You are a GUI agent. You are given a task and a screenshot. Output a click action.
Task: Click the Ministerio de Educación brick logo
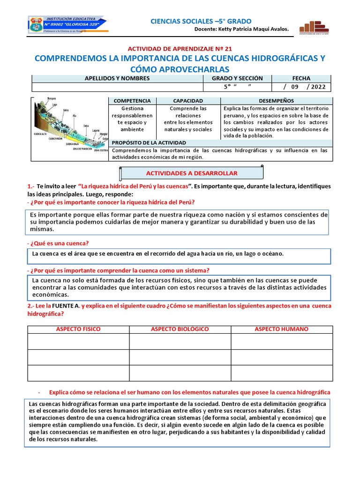pos(314,27)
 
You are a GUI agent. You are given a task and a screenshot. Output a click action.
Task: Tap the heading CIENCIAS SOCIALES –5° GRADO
pos(201,21)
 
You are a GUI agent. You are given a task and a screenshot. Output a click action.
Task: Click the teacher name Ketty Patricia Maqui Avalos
pos(255,30)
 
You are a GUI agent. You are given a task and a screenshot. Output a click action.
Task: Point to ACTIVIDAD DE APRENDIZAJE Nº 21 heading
pos(180,48)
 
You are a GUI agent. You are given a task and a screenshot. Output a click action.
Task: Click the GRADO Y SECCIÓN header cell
pos(237,78)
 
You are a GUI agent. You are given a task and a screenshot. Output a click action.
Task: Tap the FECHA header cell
pos(301,78)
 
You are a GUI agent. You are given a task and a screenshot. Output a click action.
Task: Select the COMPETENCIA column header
pos(132,101)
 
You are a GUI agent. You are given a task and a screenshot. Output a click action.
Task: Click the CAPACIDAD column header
pos(188,101)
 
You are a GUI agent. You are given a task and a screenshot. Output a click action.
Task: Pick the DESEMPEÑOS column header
pos(277,101)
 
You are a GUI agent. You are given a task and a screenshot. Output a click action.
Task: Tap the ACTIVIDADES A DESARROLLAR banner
pos(192,173)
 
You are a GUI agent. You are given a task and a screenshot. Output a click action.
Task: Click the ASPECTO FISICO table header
pos(78,329)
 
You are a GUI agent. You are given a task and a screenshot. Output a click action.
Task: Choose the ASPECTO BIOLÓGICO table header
pos(180,329)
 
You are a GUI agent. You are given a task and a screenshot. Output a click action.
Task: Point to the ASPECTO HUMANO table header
pos(281,329)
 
